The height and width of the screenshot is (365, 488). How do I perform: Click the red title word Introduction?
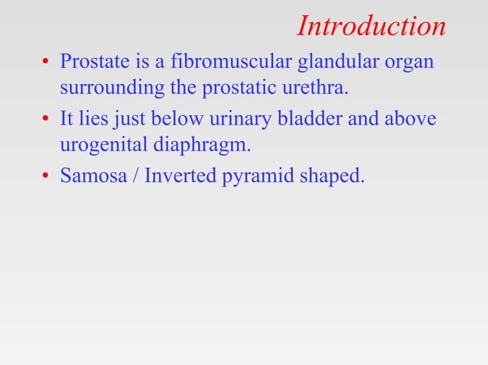[x=371, y=26]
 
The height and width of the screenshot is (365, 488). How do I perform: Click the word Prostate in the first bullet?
[x=91, y=60]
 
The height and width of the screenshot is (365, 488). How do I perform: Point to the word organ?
[x=409, y=62]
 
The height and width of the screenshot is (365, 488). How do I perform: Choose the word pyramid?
[x=256, y=178]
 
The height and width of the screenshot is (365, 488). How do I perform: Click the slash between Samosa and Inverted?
[x=134, y=176]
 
